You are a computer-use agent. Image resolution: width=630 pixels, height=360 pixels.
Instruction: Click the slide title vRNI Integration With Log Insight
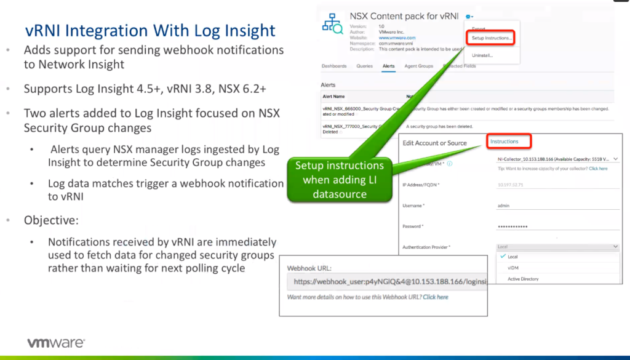click(x=150, y=30)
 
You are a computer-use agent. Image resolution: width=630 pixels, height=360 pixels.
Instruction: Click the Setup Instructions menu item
click(x=492, y=38)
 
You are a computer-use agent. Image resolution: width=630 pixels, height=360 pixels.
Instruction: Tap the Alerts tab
click(x=388, y=66)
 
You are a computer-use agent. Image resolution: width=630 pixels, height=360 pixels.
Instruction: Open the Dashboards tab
click(x=334, y=66)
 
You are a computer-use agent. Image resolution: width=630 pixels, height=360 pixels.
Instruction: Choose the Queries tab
click(x=364, y=66)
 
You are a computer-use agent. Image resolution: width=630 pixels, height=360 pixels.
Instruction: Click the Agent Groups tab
click(x=418, y=66)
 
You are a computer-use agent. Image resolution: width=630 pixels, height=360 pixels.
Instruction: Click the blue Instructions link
click(x=504, y=142)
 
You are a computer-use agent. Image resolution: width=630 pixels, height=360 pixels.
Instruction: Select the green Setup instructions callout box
click(x=339, y=180)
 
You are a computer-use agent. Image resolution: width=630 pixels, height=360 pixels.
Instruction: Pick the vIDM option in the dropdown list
click(x=512, y=268)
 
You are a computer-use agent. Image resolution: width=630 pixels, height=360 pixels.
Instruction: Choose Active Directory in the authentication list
click(x=523, y=279)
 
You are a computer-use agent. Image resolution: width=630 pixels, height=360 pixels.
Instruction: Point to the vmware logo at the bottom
click(x=55, y=343)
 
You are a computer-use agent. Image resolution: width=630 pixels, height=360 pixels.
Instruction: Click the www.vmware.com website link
click(x=396, y=38)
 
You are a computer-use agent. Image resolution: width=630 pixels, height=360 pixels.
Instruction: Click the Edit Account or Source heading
click(x=434, y=143)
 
